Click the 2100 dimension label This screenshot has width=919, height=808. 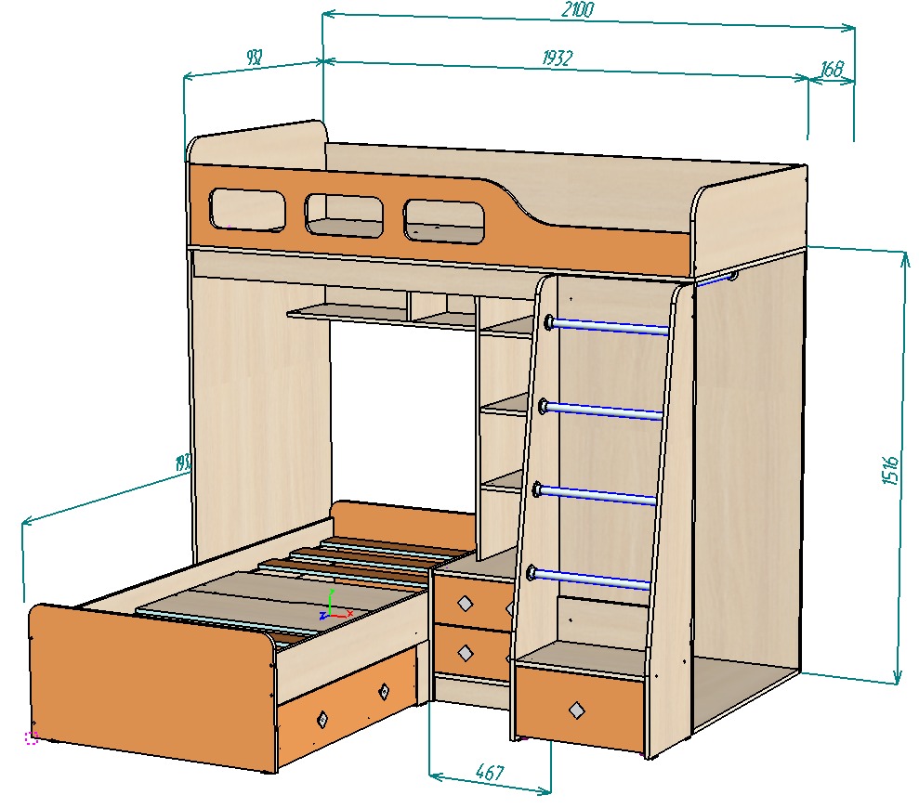tap(577, 10)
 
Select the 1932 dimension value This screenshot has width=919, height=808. tap(557, 58)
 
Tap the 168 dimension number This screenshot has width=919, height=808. tap(832, 69)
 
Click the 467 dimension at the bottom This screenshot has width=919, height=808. tap(489, 772)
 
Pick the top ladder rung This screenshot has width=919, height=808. tap(608, 326)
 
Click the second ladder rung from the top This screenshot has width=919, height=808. tap(604, 410)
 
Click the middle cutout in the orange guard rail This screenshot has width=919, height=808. tap(344, 215)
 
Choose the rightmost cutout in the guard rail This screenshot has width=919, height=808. tap(445, 222)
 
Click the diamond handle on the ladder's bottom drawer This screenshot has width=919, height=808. tap(578, 710)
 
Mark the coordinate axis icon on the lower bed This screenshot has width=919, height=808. tap(332, 606)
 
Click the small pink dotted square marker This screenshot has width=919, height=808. tap(31, 737)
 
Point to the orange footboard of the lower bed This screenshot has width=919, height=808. tap(149, 678)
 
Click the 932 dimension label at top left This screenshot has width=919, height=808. tap(253, 58)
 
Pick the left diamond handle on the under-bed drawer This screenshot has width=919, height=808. tap(322, 718)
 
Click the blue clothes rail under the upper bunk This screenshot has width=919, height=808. tap(716, 279)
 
